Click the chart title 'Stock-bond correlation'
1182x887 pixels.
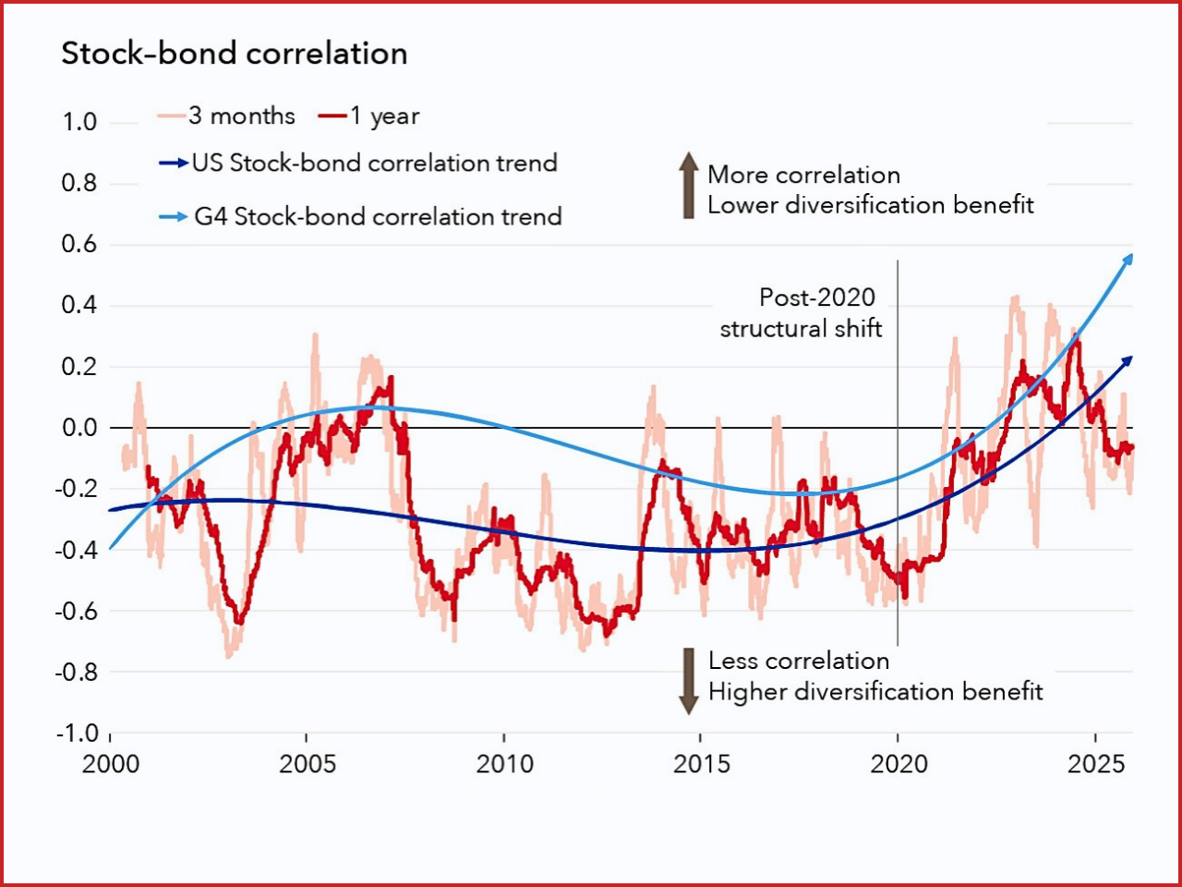click(234, 54)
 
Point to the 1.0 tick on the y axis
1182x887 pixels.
click(79, 122)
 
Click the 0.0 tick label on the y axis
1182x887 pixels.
click(79, 428)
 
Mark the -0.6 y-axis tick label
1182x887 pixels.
click(77, 611)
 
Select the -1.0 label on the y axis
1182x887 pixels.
click(77, 733)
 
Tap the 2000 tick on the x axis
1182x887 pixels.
click(111, 764)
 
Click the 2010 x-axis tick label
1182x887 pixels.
click(504, 764)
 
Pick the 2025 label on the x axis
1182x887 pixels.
click(1096, 764)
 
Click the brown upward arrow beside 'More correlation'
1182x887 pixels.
click(688, 185)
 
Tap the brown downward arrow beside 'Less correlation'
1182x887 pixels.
click(688, 682)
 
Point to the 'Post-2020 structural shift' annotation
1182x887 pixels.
click(802, 312)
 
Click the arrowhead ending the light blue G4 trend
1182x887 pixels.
click(1127, 260)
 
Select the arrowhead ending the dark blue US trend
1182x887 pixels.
click(1127, 361)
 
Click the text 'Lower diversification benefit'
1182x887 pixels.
click(870, 205)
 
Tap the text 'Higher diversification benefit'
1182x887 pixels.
click(875, 692)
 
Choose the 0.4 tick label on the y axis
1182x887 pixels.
click(79, 305)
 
